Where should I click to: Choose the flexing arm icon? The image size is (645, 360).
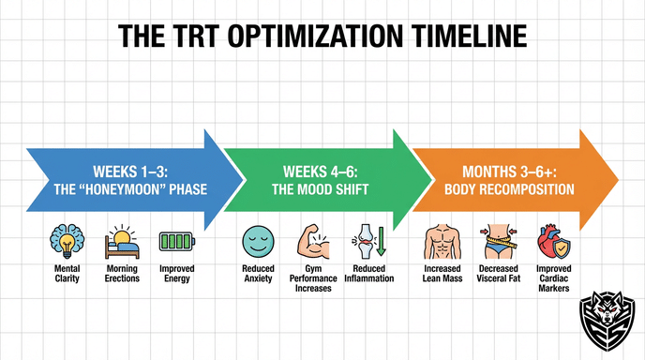click(312, 243)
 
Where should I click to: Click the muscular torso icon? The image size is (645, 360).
click(442, 243)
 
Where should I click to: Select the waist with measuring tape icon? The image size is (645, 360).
click(497, 243)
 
